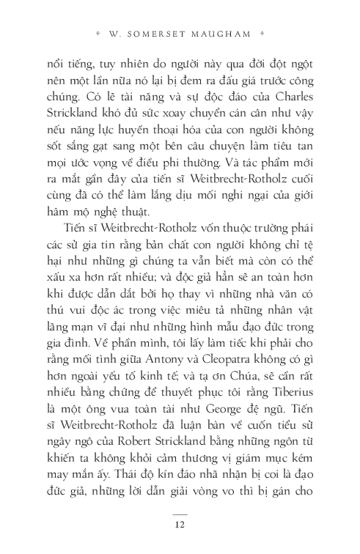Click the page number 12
click(180, 523)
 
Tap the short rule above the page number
click(180, 513)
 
